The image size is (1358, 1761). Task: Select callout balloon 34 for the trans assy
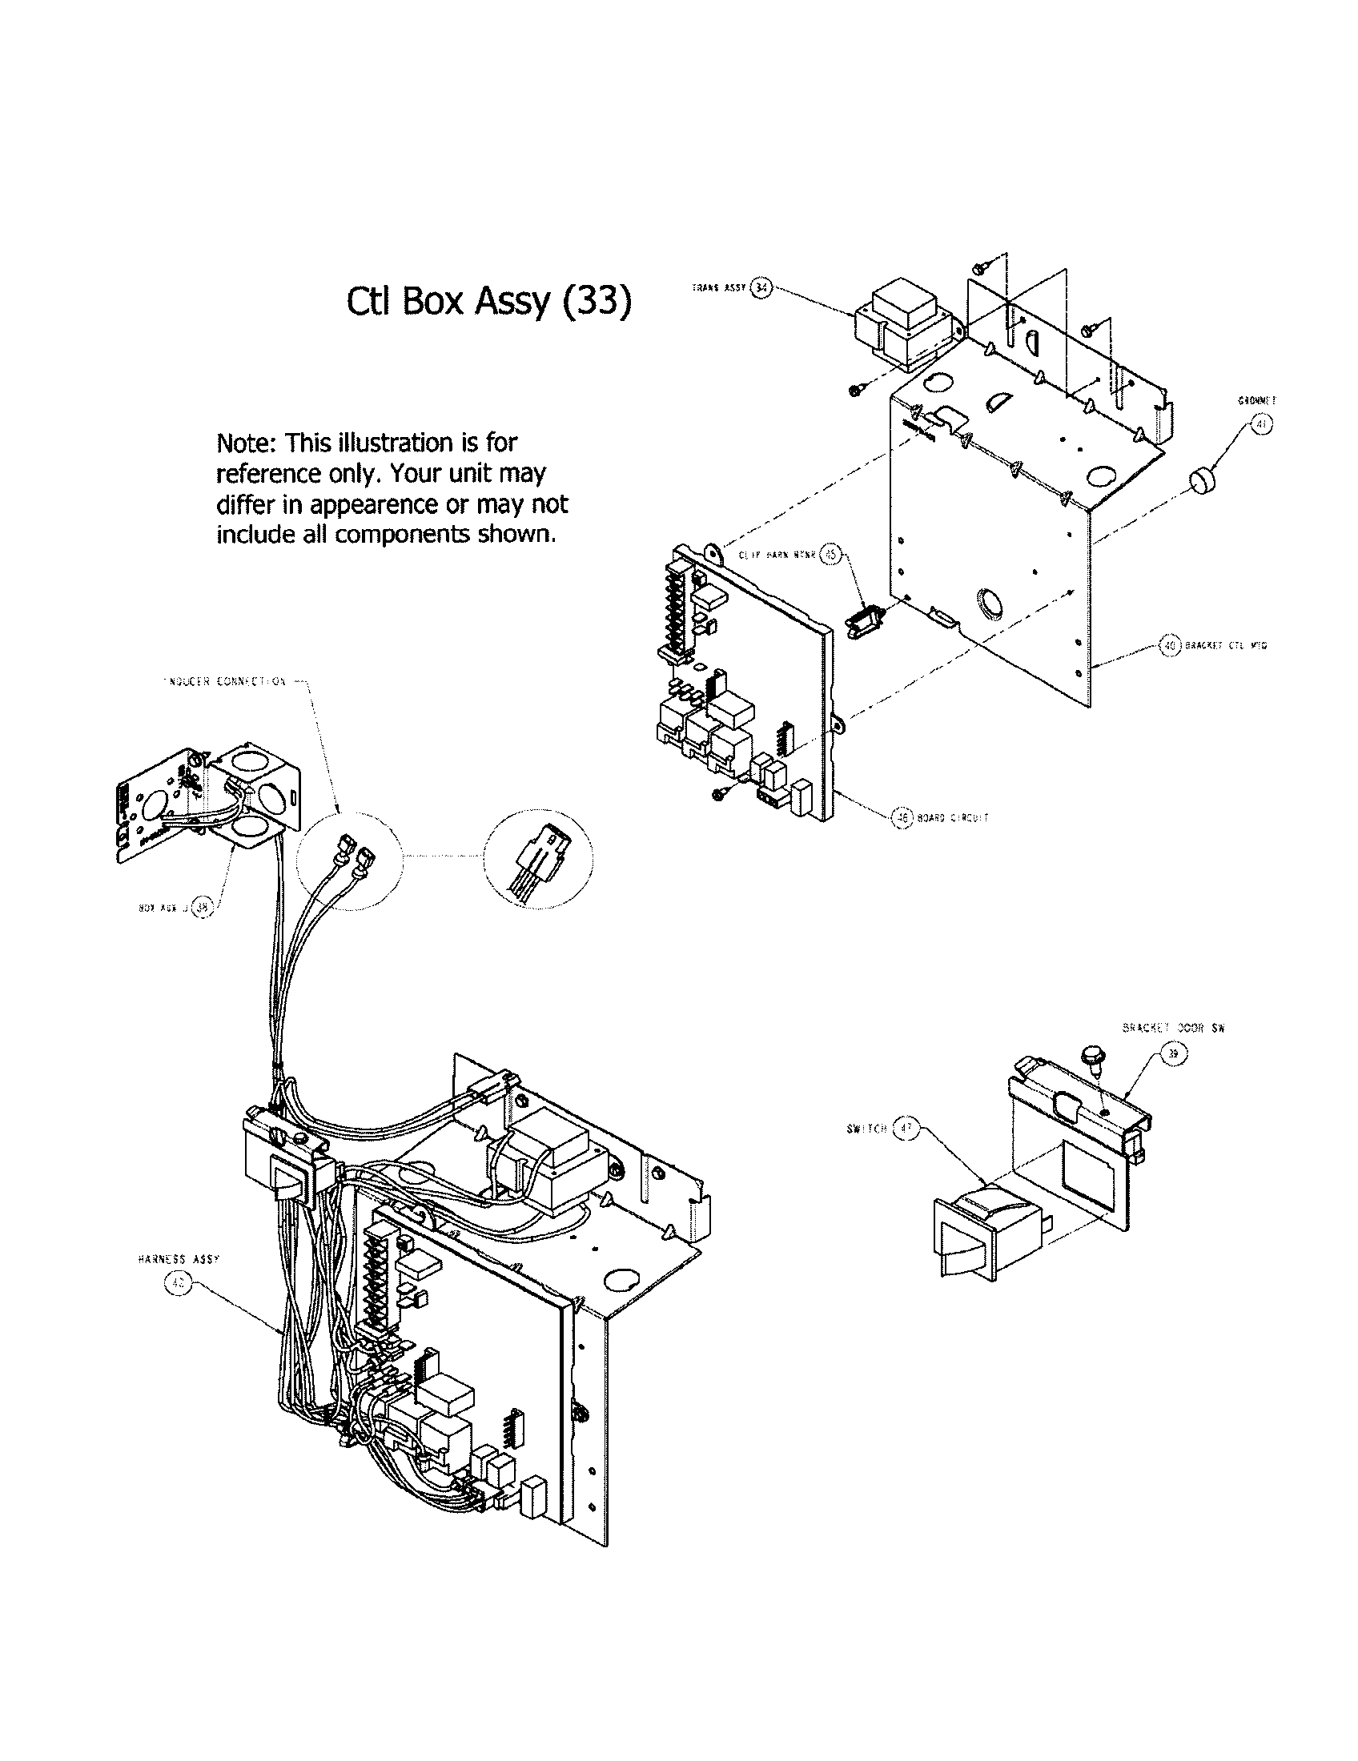pos(761,287)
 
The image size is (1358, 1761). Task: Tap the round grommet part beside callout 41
pos(1203,483)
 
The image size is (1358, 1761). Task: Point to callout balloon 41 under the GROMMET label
pos(1261,425)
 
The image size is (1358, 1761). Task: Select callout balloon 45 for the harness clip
pos(830,555)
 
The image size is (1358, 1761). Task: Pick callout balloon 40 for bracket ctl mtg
pos(1169,645)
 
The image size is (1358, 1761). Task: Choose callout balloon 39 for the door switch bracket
pos(1173,1053)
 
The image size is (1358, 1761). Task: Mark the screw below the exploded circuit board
pos(720,794)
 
